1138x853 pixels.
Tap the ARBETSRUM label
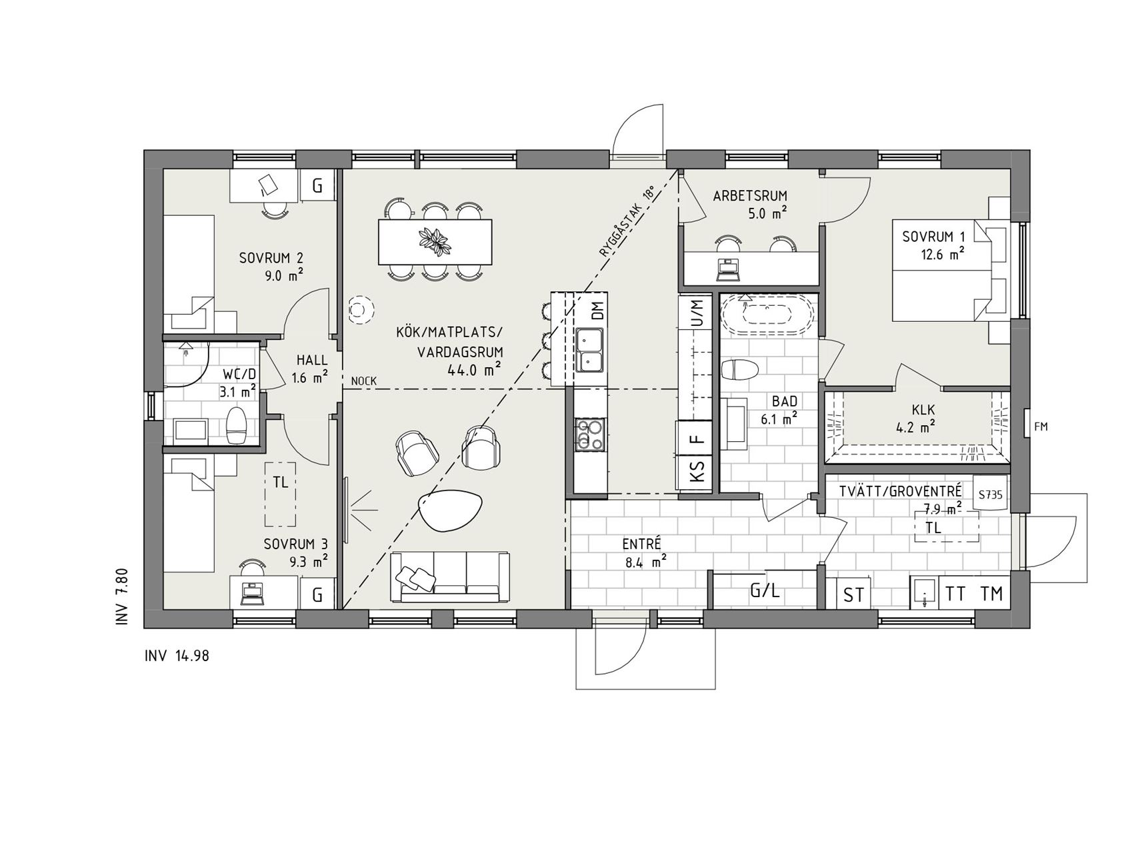pyautogui.click(x=750, y=196)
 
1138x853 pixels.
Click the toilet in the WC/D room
pyautogui.click(x=237, y=425)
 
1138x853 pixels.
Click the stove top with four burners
pyautogui.click(x=589, y=433)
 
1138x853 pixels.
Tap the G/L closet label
pyautogui.click(x=765, y=590)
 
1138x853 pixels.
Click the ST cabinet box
pyautogui.click(x=854, y=593)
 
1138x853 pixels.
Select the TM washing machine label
pyautogui.click(x=992, y=593)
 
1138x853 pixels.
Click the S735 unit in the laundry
pyautogui.click(x=991, y=494)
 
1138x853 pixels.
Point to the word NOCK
pyautogui.click(x=364, y=381)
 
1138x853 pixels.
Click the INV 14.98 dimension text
pyautogui.click(x=177, y=656)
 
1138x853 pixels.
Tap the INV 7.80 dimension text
pyautogui.click(x=121, y=597)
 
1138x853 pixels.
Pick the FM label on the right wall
pyautogui.click(x=1041, y=426)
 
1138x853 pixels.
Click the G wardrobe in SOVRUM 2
pyautogui.click(x=317, y=186)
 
